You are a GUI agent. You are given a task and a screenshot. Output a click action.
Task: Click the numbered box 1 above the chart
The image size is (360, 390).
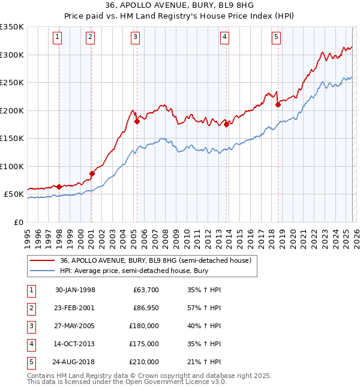click(58, 37)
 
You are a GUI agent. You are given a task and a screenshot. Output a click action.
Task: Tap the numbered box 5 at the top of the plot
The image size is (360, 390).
click(276, 37)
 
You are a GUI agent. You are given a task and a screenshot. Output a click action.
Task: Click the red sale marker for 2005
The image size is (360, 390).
click(137, 121)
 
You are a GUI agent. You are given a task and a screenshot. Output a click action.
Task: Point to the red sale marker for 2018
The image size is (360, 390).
click(278, 104)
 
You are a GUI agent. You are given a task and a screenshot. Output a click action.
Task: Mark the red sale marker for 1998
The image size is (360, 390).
click(59, 187)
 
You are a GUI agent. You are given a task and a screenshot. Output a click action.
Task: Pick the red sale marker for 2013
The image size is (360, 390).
click(226, 124)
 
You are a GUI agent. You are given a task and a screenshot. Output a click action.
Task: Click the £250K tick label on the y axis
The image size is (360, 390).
click(12, 83)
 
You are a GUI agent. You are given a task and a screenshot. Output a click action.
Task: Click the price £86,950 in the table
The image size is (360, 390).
click(145, 307)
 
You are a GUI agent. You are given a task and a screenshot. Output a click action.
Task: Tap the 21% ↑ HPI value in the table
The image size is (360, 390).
click(207, 362)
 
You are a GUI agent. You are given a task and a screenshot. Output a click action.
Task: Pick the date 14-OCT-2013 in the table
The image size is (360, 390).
click(75, 344)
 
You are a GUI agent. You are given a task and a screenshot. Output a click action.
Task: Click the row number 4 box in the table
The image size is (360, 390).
click(31, 344)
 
